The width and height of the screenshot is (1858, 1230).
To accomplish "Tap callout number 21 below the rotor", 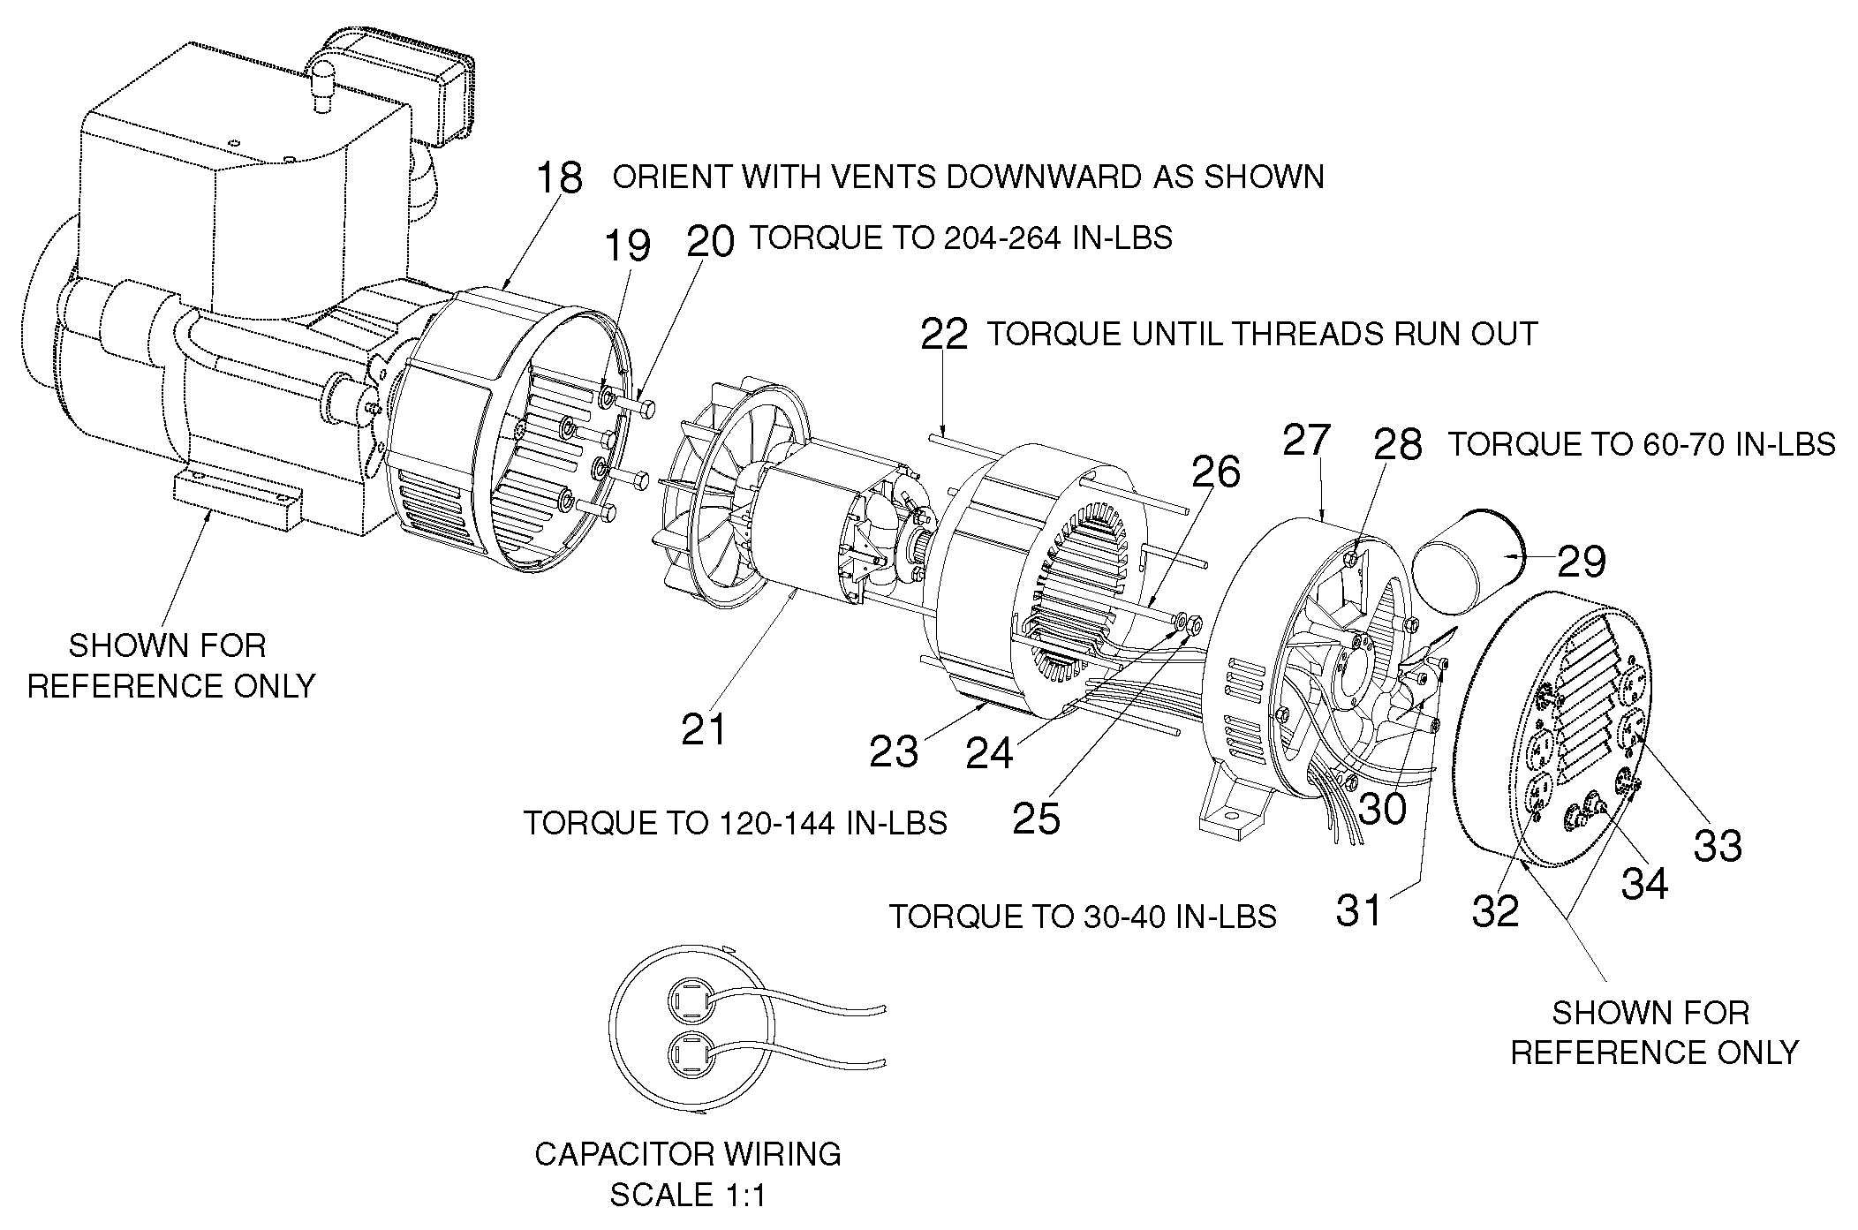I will coord(704,729).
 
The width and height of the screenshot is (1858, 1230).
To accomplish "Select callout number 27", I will coord(1306,439).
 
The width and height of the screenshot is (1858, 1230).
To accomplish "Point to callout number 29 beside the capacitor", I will coord(1581,562).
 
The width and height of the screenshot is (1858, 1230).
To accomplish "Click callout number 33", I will coord(1718,845).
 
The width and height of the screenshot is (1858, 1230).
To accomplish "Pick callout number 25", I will coord(1036,819).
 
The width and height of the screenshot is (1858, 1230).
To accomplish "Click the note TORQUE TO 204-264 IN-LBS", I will coord(961,238).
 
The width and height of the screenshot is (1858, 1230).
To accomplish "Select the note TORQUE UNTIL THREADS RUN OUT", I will coord(1262,334).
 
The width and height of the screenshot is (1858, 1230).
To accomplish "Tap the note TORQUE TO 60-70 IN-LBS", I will coord(1642,444).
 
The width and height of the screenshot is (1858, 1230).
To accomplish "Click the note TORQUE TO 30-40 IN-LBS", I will coord(1082,917).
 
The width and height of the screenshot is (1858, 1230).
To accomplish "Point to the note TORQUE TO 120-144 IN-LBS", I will coord(735,823).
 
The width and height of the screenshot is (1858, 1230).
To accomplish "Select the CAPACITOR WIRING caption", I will coord(688,1154).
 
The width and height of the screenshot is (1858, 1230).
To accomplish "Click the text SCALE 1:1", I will coord(688,1195).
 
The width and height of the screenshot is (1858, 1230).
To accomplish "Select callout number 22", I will coord(944,335).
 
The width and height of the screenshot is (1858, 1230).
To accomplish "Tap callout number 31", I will coord(1358,909).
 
